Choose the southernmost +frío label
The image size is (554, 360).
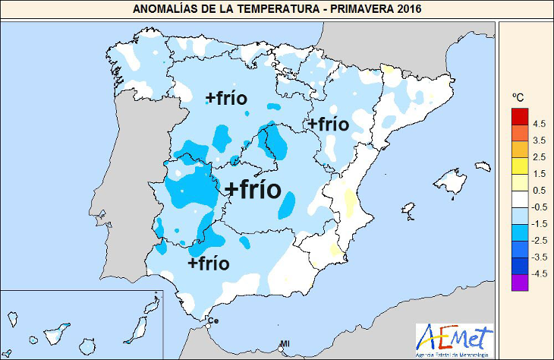tap(208, 264)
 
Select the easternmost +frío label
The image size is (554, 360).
tap(328, 124)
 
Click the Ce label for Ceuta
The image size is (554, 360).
tap(212, 321)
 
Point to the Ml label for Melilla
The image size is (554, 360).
tap(285, 344)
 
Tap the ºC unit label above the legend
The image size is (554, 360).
tap(518, 97)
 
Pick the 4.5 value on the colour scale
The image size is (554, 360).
tap(540, 124)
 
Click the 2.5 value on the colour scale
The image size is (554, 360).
tap(540, 157)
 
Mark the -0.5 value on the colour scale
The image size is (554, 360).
tap(539, 207)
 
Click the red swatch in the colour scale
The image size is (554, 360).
tap(520, 115)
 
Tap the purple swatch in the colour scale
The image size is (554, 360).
tap(520, 282)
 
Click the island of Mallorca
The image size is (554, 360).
tap(452, 183)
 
